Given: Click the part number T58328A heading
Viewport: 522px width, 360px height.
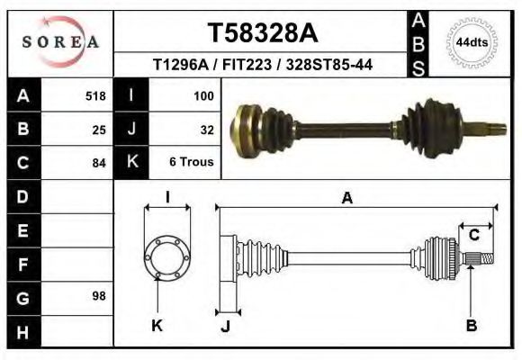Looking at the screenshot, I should (x=262, y=33).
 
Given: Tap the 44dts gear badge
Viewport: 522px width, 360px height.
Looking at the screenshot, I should (x=472, y=42).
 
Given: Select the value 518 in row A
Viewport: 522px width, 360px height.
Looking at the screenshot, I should (x=94, y=95).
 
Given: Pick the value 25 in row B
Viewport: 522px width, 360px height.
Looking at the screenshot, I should (x=99, y=129).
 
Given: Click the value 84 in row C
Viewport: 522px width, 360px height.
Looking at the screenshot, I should (x=99, y=163).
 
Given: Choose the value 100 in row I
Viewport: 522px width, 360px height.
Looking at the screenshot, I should (x=202, y=95).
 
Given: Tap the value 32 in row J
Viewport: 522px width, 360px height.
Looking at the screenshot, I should (x=206, y=129).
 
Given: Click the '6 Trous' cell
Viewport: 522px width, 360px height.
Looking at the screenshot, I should (x=191, y=163).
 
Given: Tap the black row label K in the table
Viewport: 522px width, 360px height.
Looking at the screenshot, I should (x=131, y=163).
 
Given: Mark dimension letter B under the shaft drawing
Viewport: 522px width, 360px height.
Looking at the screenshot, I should (x=471, y=326).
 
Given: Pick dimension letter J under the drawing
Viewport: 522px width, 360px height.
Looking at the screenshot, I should (x=225, y=326).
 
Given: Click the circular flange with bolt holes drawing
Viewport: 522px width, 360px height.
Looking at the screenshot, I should (x=167, y=257).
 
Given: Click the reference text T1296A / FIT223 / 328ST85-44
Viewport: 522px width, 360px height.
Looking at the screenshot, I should (x=263, y=65).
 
